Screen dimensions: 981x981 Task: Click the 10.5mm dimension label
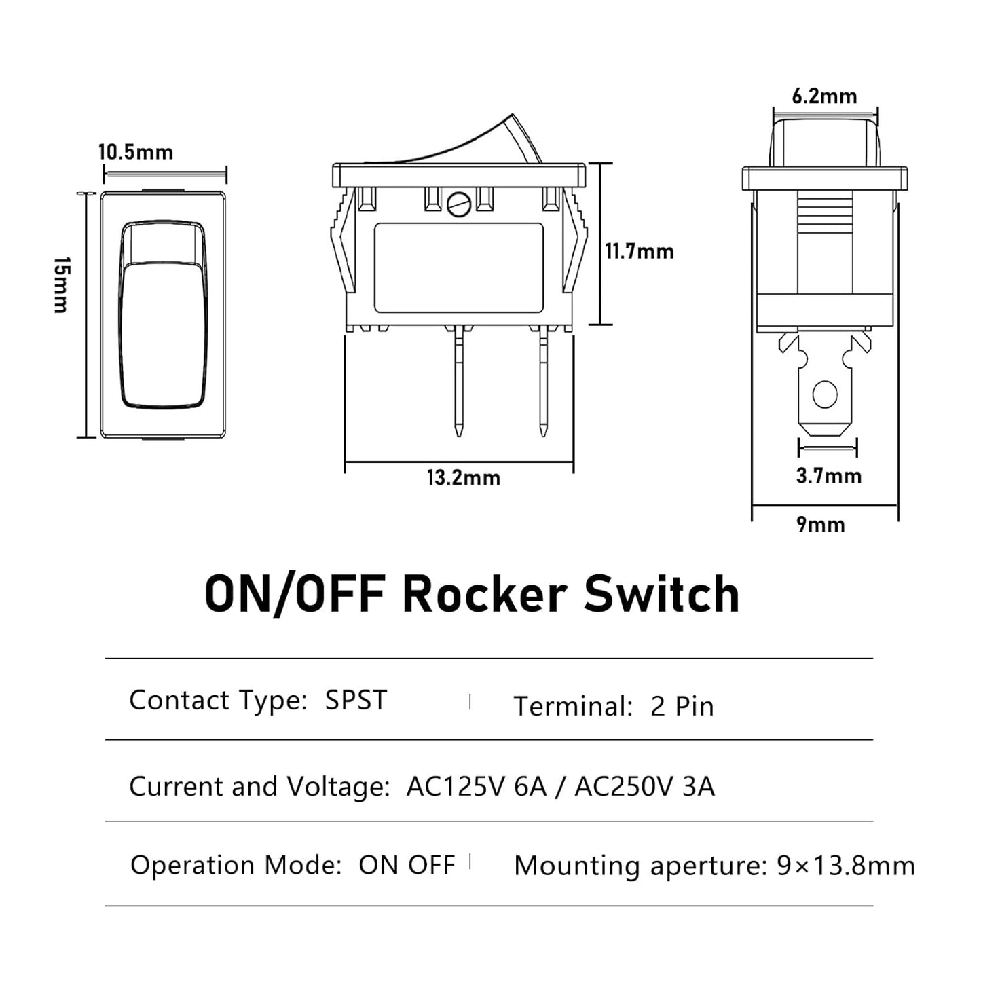[x=136, y=152]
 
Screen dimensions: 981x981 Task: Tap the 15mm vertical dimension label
[x=61, y=285]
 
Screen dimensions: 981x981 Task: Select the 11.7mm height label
[x=640, y=252]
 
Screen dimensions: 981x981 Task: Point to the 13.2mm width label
[x=464, y=478]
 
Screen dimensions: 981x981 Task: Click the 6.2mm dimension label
[x=824, y=96]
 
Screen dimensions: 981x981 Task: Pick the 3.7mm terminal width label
[x=828, y=476]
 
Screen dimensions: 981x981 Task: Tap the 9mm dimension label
[x=821, y=525]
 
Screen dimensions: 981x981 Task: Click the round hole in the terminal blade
[x=825, y=394]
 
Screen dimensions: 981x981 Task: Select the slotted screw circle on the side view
[x=459, y=204]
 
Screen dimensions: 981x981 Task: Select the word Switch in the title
[x=662, y=595]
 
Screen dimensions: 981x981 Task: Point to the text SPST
[x=356, y=701]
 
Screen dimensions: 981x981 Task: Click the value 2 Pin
[x=682, y=707]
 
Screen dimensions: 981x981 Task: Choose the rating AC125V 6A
[x=476, y=787]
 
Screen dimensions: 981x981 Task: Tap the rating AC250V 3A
[x=644, y=787]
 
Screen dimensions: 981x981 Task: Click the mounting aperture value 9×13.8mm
[x=846, y=866]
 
